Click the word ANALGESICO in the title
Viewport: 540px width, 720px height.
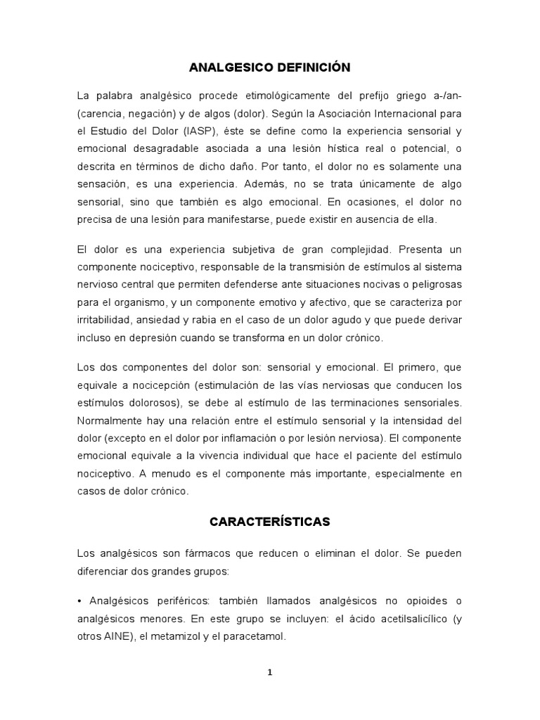tap(228, 67)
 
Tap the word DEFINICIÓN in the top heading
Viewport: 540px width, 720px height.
tap(310, 67)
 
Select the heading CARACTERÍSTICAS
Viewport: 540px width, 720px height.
tap(270, 522)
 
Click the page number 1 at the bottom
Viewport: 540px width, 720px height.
tap(270, 671)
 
